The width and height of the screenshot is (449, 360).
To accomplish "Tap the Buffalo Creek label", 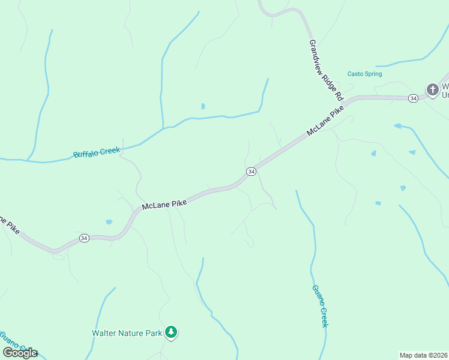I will tap(97, 152).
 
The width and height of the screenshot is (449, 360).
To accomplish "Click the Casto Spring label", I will tap(364, 74).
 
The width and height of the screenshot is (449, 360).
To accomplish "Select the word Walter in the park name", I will tap(103, 332).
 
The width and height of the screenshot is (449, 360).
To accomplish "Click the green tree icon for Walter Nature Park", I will tap(172, 332).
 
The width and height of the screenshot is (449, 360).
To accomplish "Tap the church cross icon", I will tap(432, 90).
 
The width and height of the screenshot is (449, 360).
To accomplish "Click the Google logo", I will tap(20, 353).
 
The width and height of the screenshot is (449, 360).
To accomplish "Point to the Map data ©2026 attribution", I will tap(423, 355).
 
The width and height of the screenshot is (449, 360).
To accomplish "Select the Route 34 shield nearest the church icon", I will tap(412, 98).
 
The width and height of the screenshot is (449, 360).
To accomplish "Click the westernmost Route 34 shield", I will tap(84, 238).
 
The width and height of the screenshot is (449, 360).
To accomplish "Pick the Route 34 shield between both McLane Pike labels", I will tap(252, 172).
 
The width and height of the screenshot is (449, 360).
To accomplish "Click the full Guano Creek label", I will tap(320, 305).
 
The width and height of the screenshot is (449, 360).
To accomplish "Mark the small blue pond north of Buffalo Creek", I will tap(203, 106).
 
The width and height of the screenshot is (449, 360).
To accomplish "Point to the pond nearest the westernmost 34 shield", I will tap(109, 222).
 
